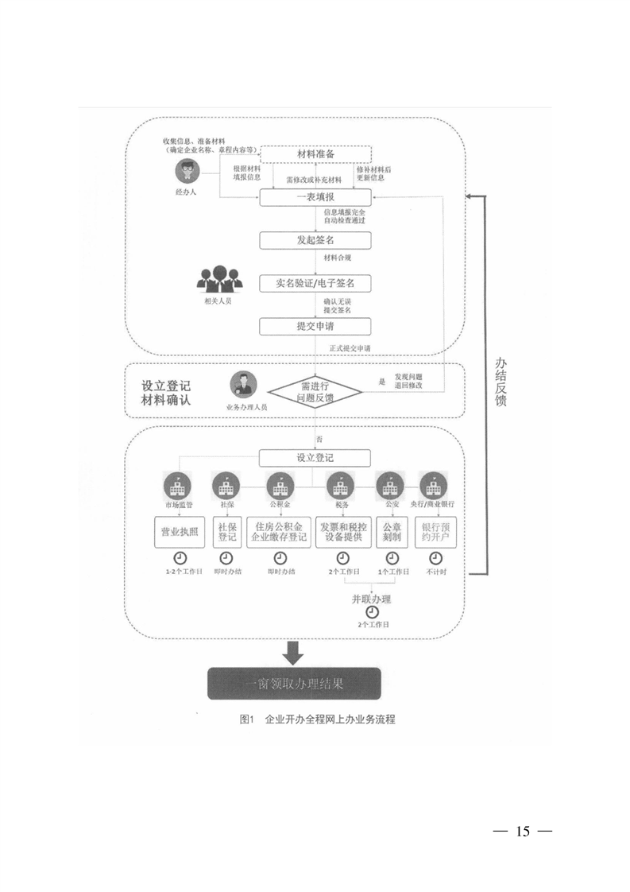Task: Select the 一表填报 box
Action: click(x=315, y=196)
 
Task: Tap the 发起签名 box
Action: click(x=315, y=239)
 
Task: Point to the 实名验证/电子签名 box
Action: click(x=315, y=282)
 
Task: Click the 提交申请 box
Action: click(x=315, y=326)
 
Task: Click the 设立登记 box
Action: click(x=315, y=457)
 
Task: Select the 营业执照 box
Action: click(x=180, y=531)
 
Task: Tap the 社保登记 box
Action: click(x=226, y=531)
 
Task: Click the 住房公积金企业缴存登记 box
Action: click(x=277, y=531)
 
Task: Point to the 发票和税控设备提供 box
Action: click(x=342, y=531)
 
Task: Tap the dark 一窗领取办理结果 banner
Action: click(x=294, y=682)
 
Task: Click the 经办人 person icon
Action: click(x=188, y=170)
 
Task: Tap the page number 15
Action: click(x=522, y=832)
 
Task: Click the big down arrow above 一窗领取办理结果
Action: click(x=294, y=653)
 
